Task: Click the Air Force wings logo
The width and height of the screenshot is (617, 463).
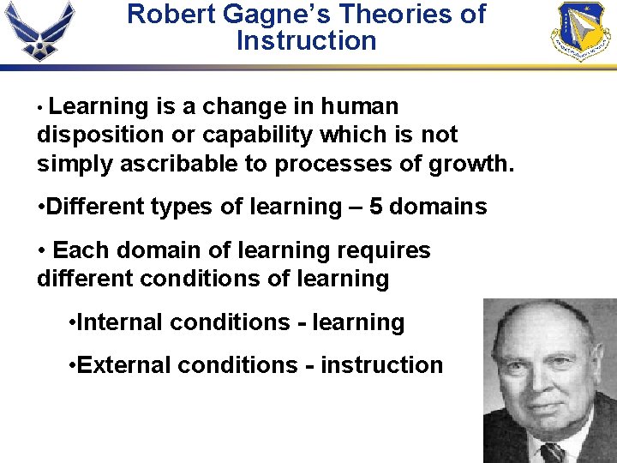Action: [39, 30]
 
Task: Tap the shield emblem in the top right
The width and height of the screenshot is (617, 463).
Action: [580, 30]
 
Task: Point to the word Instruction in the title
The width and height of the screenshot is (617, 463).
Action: [306, 40]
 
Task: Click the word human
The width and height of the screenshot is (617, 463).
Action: [360, 106]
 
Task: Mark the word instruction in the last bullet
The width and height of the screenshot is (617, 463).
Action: [381, 365]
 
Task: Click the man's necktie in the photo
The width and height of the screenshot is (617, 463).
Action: [553, 452]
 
